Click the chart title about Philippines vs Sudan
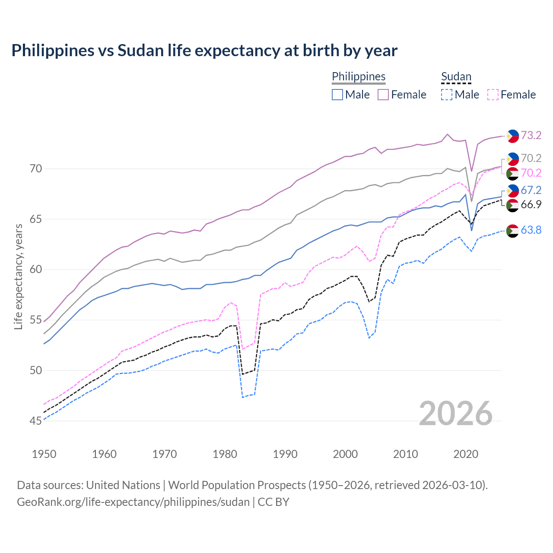pyautogui.click(x=204, y=51)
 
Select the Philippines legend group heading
pyautogui.click(x=359, y=76)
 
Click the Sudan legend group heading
pyautogui.click(x=456, y=76)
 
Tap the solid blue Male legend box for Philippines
pyautogui.click(x=337, y=95)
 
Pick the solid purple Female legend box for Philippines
pyautogui.click(x=383, y=95)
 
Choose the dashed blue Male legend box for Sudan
pyautogui.click(x=447, y=95)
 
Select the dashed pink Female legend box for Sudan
pyautogui.click(x=493, y=95)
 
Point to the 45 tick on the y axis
pyautogui.click(x=36, y=421)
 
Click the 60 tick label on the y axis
pyautogui.click(x=36, y=270)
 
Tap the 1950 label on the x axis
pyautogui.click(x=44, y=454)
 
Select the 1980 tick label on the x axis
pyautogui.click(x=225, y=454)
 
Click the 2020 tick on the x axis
pyautogui.click(x=466, y=454)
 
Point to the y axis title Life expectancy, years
pyautogui.click(x=18, y=276)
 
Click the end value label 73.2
pyautogui.click(x=531, y=135)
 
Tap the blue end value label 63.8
pyautogui.click(x=531, y=230)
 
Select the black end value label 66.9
pyautogui.click(x=531, y=204)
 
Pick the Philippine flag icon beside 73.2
pyautogui.click(x=512, y=136)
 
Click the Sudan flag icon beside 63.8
pyautogui.click(x=512, y=231)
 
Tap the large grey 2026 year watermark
pyautogui.click(x=456, y=413)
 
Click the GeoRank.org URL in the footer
pyautogui.click(x=133, y=502)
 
